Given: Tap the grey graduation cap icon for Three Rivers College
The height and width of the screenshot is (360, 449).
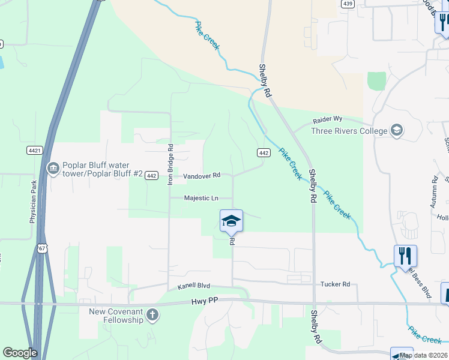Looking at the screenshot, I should tap(396, 131).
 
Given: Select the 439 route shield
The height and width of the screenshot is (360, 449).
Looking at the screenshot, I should tap(348, 4).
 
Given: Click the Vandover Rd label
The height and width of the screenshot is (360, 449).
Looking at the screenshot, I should tap(202, 176).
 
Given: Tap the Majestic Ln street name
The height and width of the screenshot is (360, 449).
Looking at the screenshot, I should tap(200, 198).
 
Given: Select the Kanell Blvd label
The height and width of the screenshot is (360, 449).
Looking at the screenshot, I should tap(193, 287).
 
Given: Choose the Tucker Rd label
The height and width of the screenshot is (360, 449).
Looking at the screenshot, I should tap(335, 284).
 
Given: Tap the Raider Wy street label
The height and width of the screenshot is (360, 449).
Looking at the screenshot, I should tap(327, 121).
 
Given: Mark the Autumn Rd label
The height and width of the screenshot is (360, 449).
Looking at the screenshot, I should tap(434, 192).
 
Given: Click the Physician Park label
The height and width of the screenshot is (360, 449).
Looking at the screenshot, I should tap(34, 203).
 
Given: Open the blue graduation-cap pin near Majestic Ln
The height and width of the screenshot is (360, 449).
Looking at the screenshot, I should tap(231, 221).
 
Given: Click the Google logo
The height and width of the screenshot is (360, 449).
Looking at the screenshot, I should tap(20, 353).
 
